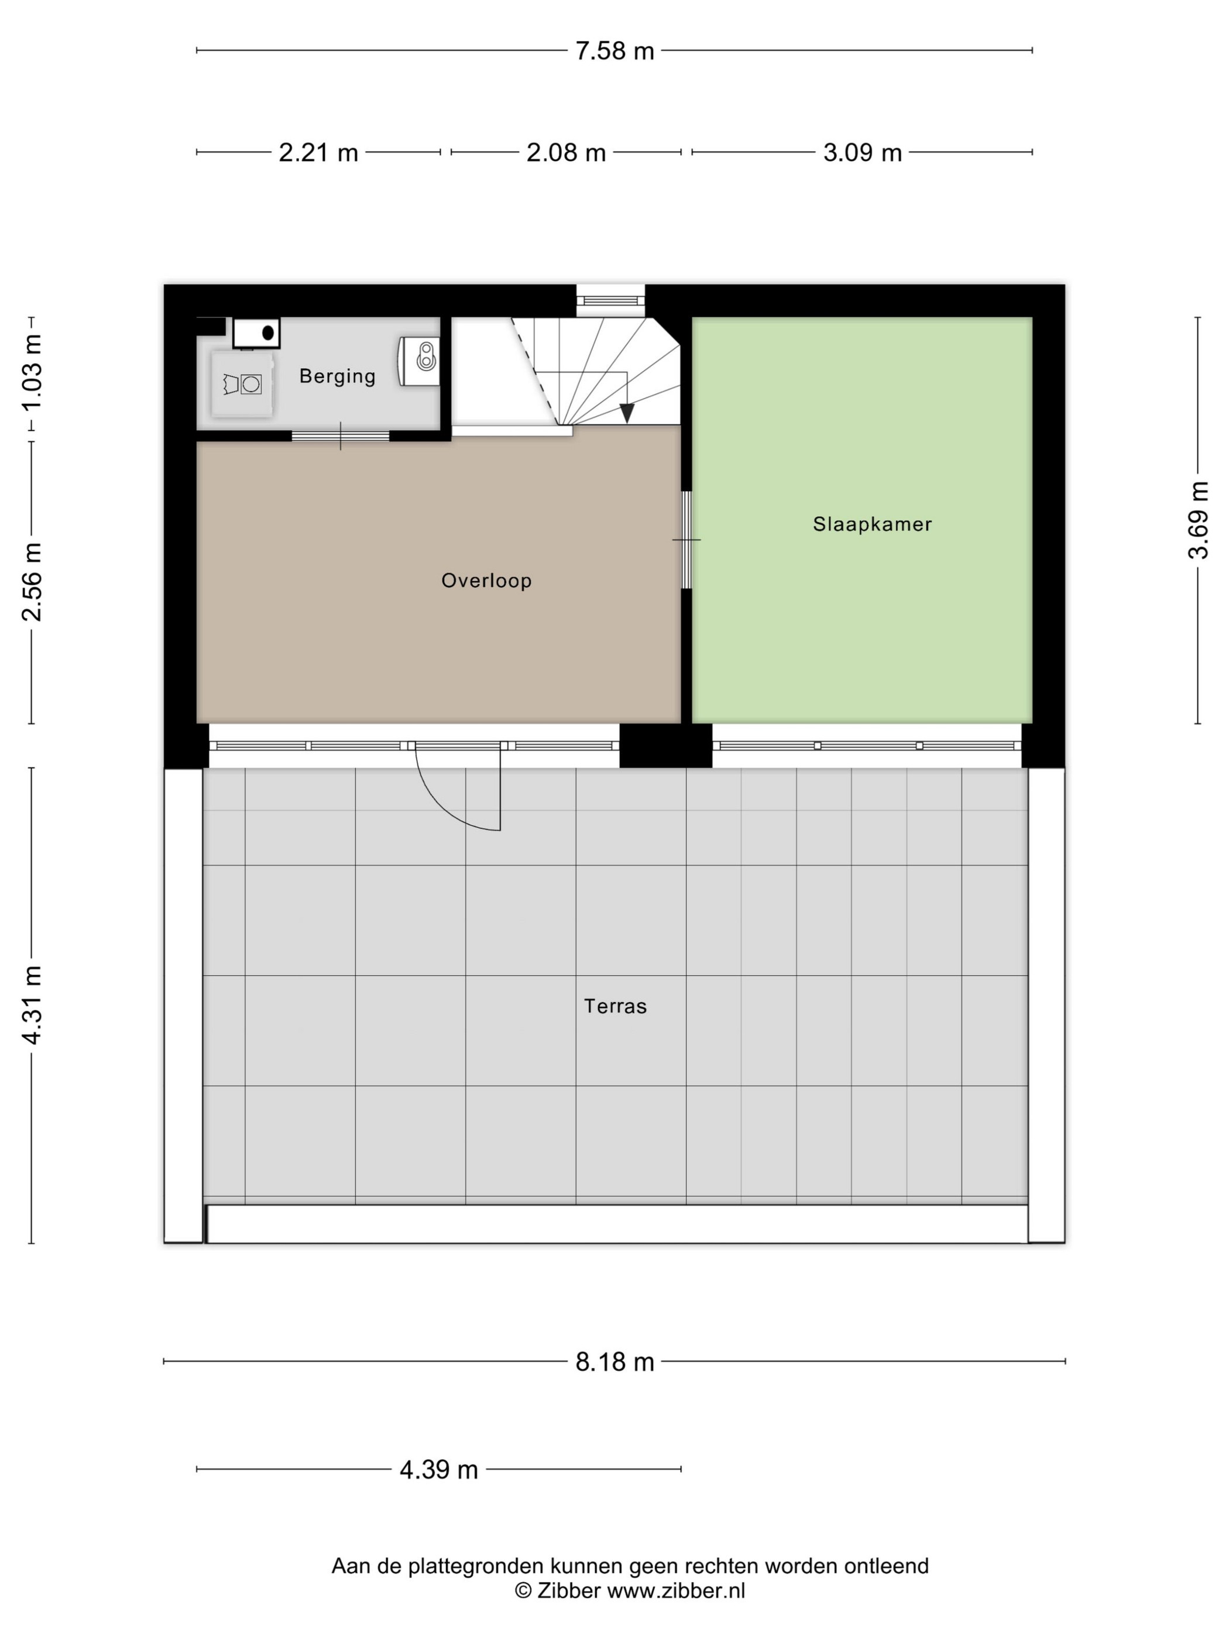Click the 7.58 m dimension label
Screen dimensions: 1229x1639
615,51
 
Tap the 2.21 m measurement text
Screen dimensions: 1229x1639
318,153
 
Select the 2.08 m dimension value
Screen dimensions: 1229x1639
566,153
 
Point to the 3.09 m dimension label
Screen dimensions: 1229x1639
862,153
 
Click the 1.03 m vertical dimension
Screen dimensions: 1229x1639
32,373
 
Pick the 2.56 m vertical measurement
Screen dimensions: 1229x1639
32,582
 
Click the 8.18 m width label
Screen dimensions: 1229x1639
615,1362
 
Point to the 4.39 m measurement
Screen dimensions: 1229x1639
438,1469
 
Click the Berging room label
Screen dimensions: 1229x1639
337,376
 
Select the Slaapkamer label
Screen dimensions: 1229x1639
872,524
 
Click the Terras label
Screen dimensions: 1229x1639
615,1006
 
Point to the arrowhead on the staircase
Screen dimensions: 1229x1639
627,413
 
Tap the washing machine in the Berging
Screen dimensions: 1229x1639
242,384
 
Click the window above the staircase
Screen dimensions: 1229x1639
610,300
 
